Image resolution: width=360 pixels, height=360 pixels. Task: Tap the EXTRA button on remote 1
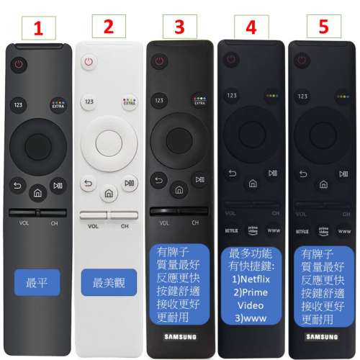click(58, 105)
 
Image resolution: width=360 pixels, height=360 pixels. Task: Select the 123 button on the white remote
click(89, 102)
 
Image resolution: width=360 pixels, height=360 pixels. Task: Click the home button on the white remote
click(108, 194)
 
